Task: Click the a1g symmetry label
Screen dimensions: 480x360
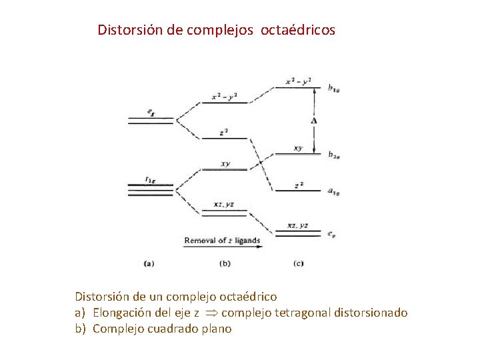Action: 335,191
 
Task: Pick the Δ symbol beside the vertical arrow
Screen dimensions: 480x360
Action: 313,121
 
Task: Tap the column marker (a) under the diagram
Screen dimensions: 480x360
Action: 149,263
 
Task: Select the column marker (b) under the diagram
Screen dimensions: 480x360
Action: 225,263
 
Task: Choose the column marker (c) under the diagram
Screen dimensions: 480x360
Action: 298,263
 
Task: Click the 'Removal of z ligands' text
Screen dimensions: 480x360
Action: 221,240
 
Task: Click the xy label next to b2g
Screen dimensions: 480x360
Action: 297,148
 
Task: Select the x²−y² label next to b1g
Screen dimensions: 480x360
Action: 298,81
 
